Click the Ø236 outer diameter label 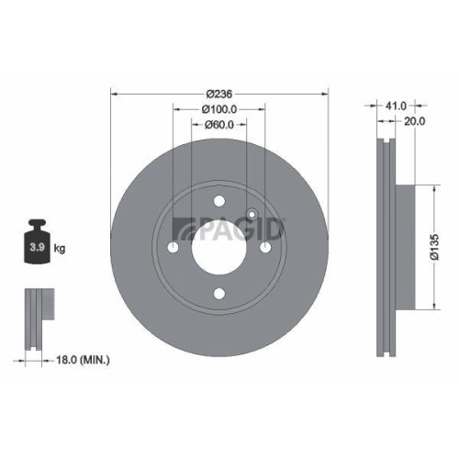coord(219,94)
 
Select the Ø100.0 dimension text coord(219,109)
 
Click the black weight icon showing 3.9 coord(39,242)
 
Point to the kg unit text coord(61,248)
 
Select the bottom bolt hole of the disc coord(218,294)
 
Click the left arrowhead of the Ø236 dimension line coord(113,93)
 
